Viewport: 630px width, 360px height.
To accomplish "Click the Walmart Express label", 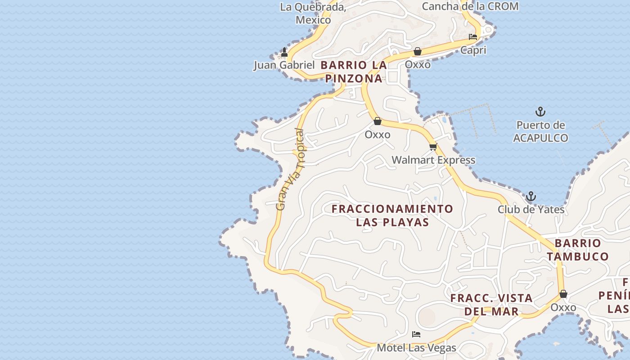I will click(433, 160).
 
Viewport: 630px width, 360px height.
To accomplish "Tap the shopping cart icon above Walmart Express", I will click(433, 147).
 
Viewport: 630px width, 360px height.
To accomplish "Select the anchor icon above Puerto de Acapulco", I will click(540, 111).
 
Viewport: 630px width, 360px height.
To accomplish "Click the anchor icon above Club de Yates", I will click(531, 196).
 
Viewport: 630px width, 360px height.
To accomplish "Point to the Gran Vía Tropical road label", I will click(290, 170).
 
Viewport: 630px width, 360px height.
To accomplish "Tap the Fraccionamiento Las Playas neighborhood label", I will click(392, 215).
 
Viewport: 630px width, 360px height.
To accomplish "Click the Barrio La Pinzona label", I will click(354, 72).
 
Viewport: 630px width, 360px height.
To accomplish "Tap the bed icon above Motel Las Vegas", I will click(416, 334).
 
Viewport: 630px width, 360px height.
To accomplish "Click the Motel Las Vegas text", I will click(416, 347).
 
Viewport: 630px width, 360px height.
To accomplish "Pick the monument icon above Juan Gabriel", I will click(284, 52).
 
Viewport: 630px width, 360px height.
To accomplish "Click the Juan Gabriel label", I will click(284, 65).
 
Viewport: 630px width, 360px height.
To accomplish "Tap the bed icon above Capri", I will click(473, 37).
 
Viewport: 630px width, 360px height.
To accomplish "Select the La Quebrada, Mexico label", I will click(313, 13).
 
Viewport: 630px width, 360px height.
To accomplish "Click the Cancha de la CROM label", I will click(470, 6).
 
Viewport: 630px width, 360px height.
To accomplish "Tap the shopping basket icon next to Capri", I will click(418, 51).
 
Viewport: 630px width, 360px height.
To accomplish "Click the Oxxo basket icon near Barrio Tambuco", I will click(563, 294).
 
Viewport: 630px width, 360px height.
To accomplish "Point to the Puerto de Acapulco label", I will click(540, 131).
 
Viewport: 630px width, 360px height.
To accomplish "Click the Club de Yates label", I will click(531, 209).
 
